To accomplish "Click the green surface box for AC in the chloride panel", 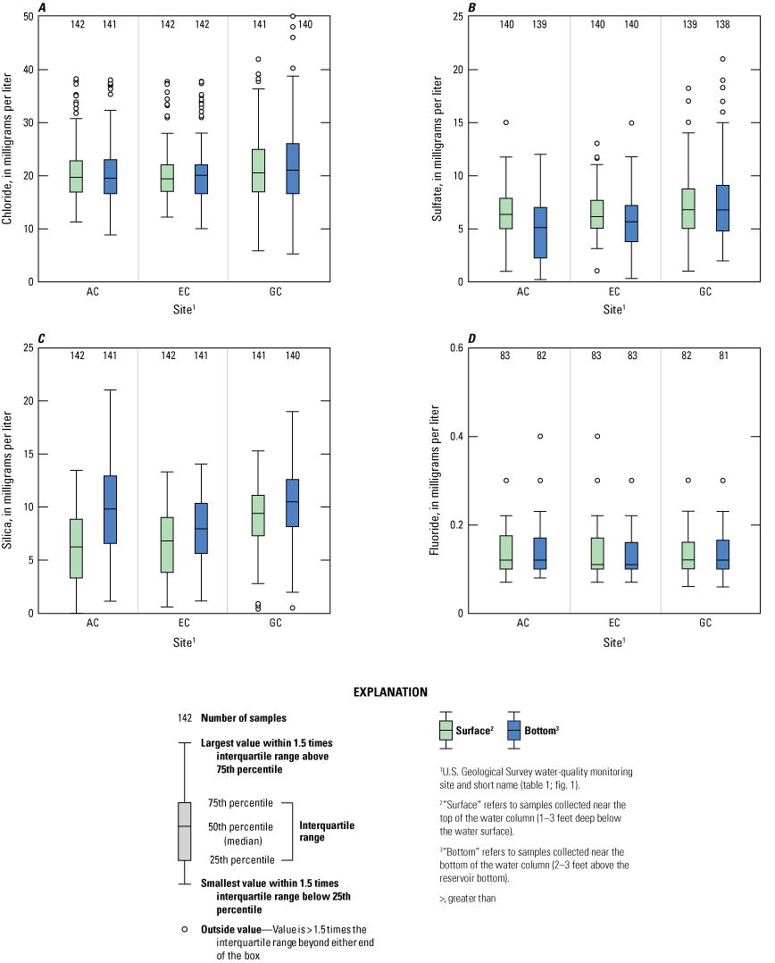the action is (77, 176).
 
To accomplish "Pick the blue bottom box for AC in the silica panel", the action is (111, 509).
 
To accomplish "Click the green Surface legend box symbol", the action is (446, 731).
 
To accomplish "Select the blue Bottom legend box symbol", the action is (514, 731).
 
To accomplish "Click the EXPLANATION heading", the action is (390, 692).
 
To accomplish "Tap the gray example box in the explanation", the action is (185, 831).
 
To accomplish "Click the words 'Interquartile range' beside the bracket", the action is (327, 832).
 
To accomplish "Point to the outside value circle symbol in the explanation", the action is (185, 929).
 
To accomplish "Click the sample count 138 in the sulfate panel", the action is (722, 24).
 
